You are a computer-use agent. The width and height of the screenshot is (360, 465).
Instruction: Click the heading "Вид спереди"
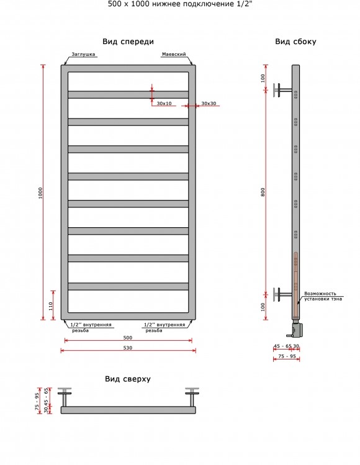(x=128, y=42)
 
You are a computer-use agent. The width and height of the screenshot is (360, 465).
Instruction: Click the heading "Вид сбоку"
(x=295, y=42)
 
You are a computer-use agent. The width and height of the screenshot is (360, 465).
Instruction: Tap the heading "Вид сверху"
(x=128, y=379)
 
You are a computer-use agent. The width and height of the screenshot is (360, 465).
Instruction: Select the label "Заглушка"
(x=83, y=54)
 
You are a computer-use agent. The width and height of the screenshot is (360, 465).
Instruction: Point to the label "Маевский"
(x=174, y=54)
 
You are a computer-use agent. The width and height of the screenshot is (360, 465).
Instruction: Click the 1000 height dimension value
(x=40, y=192)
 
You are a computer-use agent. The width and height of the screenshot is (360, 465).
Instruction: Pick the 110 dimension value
(x=51, y=305)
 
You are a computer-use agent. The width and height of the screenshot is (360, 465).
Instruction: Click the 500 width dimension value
(x=127, y=338)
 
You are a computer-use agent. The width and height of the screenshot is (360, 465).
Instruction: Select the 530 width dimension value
(x=127, y=348)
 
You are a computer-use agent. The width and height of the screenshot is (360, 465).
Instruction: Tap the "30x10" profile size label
(x=164, y=104)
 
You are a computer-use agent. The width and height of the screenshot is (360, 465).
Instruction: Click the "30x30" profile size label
(x=209, y=104)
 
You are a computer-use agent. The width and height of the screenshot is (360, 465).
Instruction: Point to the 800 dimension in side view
(x=263, y=192)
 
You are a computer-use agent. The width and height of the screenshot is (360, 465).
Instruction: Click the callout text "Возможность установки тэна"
(x=323, y=296)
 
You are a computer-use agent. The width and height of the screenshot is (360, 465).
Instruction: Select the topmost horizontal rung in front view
(x=128, y=94)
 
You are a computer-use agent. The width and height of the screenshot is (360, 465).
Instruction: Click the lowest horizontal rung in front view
(x=128, y=286)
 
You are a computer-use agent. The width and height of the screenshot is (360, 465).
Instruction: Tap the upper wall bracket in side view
(x=282, y=90)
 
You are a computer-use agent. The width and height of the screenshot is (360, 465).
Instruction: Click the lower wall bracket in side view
(x=282, y=294)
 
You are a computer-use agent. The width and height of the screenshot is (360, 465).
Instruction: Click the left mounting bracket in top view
(x=65, y=397)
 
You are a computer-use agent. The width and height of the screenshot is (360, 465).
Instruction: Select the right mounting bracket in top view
(x=192, y=397)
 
